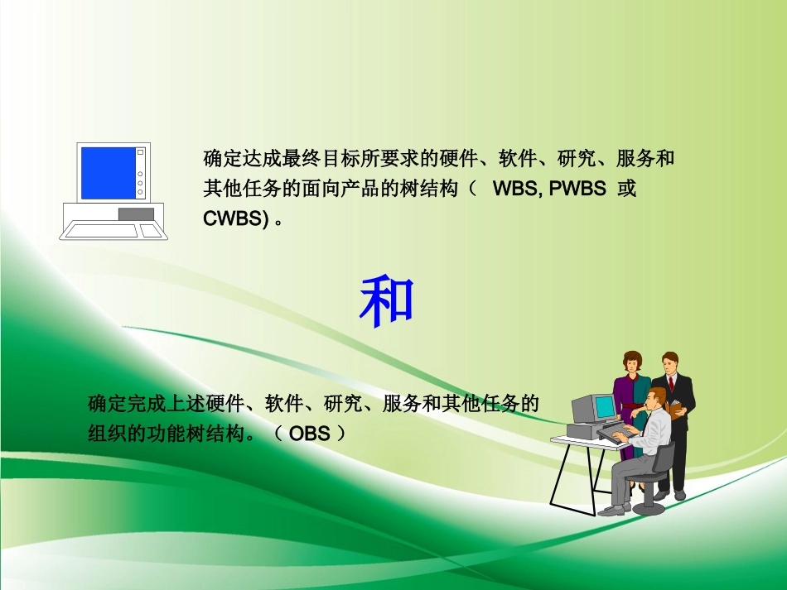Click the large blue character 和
coord(386,300)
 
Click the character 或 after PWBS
coord(627,189)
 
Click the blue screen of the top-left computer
coord(108,173)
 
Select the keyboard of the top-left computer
coord(101,230)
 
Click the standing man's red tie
coord(671,383)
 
